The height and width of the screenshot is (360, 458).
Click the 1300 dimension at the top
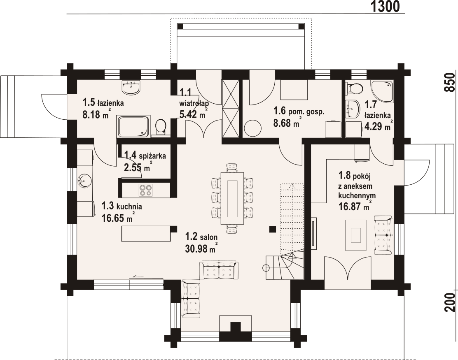tap(385, 7)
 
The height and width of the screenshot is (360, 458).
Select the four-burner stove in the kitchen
tap(145, 190)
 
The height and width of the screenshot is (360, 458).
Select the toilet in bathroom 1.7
tap(354, 88)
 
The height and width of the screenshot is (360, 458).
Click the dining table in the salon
tap(232, 198)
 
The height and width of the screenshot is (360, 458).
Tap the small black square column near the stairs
tap(273, 229)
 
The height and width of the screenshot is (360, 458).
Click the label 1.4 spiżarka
tap(145, 156)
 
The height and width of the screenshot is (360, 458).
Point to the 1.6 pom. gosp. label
tap(299, 111)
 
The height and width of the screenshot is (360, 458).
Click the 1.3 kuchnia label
tap(122, 206)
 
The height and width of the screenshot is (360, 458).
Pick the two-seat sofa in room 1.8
tap(383, 233)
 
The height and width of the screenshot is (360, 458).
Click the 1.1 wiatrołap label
tap(193, 98)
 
